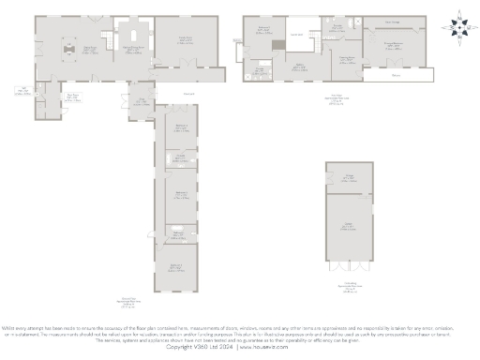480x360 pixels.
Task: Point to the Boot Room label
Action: pyautogui.click(x=70, y=94)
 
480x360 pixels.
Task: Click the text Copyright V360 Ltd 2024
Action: pyautogui.click(x=199, y=346)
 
